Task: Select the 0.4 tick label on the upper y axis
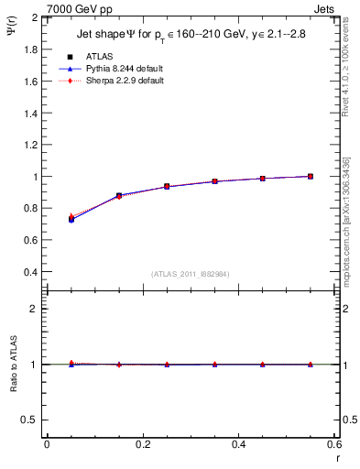[31, 272]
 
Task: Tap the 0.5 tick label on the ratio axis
[31, 420]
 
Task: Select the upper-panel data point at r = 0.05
[71, 220]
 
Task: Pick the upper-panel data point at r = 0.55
[311, 176]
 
